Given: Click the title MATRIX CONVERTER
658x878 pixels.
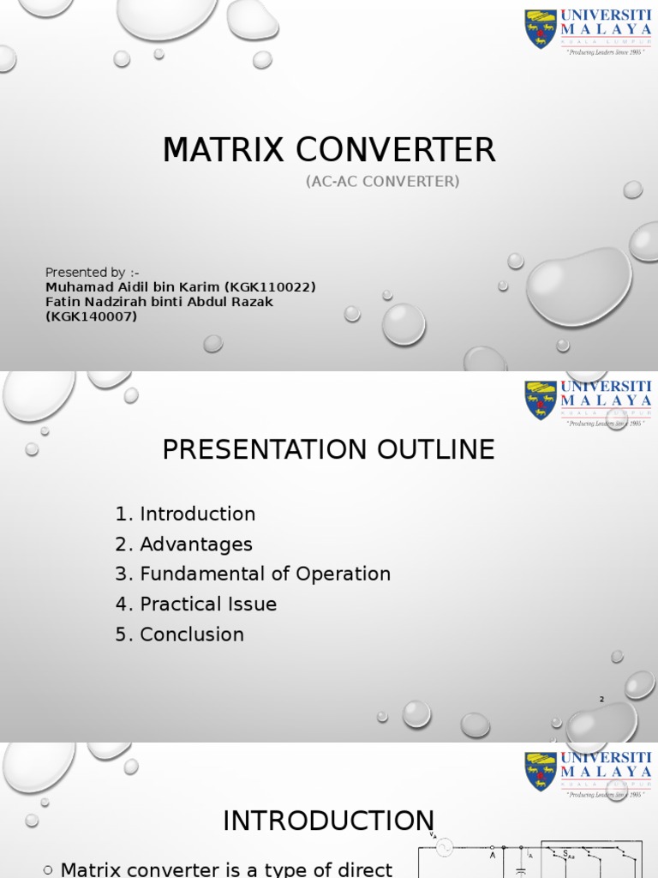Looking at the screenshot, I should coord(329,150).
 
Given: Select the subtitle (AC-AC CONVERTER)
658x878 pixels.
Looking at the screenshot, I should coord(382,181).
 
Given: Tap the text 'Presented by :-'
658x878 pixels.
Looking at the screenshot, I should coord(93,273).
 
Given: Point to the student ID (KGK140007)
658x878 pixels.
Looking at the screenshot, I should coord(91,316).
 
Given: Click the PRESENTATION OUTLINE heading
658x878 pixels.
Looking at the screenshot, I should coord(329,449).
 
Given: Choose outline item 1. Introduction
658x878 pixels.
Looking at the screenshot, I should coord(185,514).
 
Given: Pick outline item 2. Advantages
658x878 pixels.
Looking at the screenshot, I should coord(183,544).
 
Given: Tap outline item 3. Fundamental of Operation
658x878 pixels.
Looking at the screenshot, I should coord(253,574).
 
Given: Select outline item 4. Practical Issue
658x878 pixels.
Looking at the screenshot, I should coord(195,604).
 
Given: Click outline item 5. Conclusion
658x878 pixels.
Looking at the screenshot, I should coord(179,634).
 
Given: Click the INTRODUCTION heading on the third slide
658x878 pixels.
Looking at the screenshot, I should coord(328,821).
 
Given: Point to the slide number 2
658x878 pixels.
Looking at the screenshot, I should coord(601,700).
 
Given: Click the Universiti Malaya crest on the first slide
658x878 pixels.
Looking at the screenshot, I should coord(540,29).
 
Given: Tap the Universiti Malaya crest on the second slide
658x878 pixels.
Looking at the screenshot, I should coord(540,400).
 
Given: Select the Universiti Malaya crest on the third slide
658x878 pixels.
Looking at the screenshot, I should coord(540,772).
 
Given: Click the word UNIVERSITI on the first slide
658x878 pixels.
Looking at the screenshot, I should coord(606,15).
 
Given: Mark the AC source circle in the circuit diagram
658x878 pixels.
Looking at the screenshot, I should coord(444,848).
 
